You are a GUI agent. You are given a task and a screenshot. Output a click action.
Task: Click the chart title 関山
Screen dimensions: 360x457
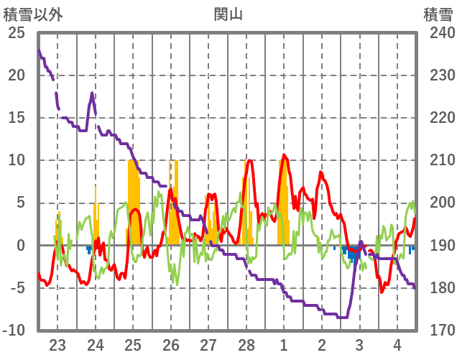(x=228, y=14)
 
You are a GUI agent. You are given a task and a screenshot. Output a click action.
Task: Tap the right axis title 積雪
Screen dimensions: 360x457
(x=438, y=14)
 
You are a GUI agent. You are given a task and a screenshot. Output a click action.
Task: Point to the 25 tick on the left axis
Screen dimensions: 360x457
(x=16, y=33)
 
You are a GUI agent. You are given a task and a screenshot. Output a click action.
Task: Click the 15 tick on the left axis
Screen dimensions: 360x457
(x=16, y=118)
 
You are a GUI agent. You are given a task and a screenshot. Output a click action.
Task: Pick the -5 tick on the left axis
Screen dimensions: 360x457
(x=16, y=288)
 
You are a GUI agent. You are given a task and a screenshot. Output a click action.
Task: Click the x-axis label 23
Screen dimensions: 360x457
(x=57, y=344)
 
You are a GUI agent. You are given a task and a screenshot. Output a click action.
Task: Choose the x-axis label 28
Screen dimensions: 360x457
(x=246, y=344)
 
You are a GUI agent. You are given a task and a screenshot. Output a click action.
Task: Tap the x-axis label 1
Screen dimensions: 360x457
(x=284, y=344)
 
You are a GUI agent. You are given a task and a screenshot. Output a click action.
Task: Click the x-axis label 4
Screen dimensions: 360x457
(x=397, y=344)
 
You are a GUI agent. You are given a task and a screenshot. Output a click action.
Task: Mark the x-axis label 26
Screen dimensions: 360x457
(x=171, y=344)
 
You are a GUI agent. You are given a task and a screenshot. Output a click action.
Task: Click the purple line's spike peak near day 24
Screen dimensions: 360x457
(x=92, y=93)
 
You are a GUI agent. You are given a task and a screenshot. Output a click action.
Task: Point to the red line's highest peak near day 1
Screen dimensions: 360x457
(x=284, y=155)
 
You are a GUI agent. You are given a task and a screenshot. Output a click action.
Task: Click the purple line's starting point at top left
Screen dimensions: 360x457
(x=39, y=50)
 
